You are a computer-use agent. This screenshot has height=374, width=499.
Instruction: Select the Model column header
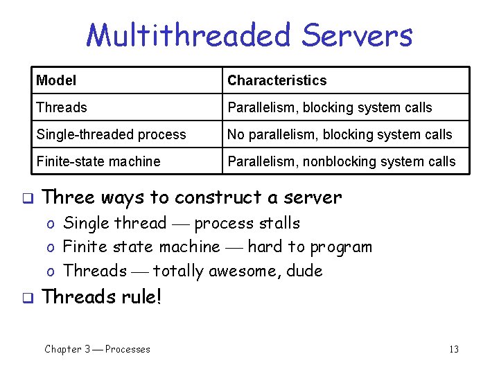[56, 80]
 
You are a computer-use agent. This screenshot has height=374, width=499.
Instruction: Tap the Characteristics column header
[277, 80]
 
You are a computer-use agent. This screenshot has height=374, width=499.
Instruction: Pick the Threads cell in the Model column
[62, 107]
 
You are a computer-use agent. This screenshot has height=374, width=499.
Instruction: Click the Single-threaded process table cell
[111, 134]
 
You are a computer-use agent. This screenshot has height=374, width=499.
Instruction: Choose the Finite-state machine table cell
[98, 161]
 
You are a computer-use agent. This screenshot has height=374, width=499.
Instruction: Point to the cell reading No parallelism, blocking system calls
[340, 134]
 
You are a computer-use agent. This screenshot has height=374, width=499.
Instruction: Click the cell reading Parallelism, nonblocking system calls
[342, 161]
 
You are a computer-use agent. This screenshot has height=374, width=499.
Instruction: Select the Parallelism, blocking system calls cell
[329, 107]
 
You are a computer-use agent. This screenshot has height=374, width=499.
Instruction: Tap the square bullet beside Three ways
[27, 198]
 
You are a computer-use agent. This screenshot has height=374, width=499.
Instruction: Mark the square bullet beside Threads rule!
[27, 298]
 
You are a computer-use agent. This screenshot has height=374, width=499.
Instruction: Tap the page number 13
[454, 349]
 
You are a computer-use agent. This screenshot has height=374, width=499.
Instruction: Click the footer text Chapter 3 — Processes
[97, 349]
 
